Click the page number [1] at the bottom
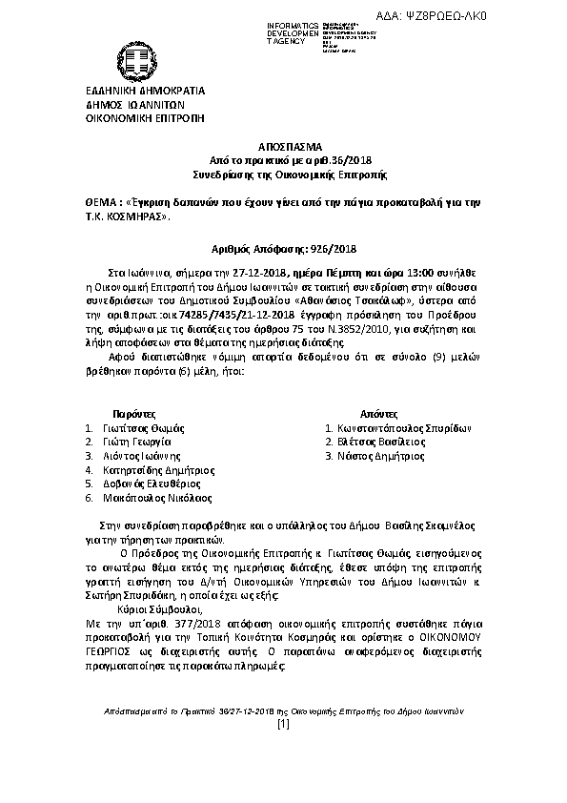tap(282, 751)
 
